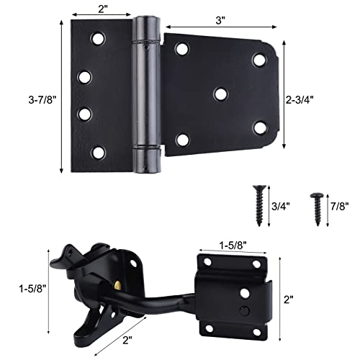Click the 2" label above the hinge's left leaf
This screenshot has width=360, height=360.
pos(102,9)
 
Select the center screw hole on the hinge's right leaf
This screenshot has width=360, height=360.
pos(219,94)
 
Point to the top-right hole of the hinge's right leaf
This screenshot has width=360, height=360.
pos(259,58)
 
